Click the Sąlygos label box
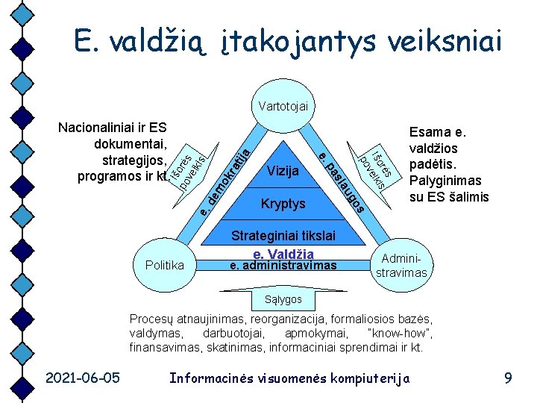[283, 299]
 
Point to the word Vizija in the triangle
[282, 171]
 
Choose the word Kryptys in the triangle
[283, 203]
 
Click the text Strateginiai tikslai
[283, 236]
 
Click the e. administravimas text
[283, 266]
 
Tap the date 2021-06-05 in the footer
[82, 378]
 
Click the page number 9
[508, 378]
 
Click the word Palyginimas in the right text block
[446, 181]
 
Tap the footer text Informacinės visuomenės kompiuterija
[290, 378]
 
